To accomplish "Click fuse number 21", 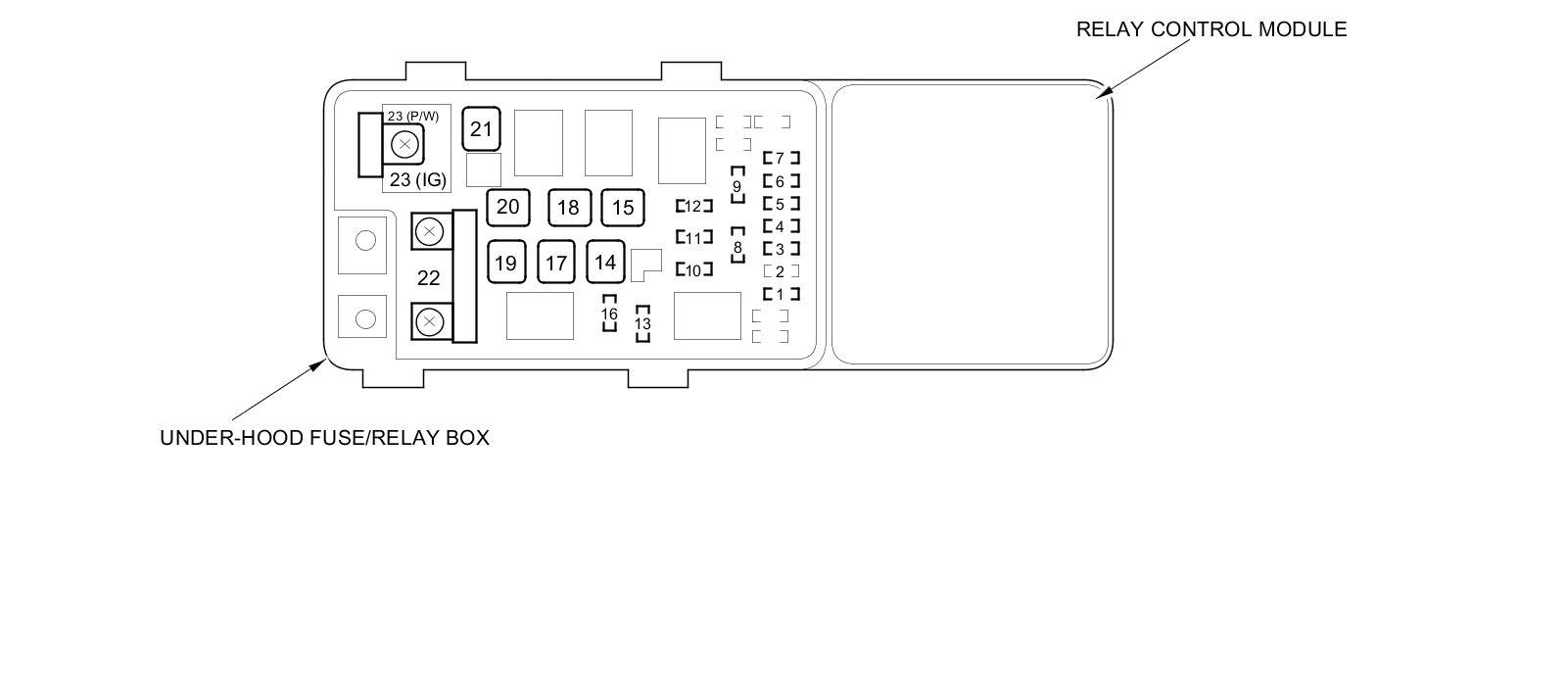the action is pyautogui.click(x=481, y=129).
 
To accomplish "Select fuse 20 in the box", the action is pyautogui.click(x=507, y=207).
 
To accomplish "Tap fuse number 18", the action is pyautogui.click(x=568, y=208).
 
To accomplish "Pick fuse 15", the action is pyautogui.click(x=623, y=208).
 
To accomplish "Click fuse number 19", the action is pyautogui.click(x=505, y=263).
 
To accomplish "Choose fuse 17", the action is pyautogui.click(x=556, y=263).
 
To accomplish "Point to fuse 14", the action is pyautogui.click(x=605, y=262).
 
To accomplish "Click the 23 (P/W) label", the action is pyautogui.click(x=412, y=116).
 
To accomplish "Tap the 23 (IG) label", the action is pyautogui.click(x=417, y=179).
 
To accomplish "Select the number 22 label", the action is pyautogui.click(x=428, y=278).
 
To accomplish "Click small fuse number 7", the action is pyautogui.click(x=781, y=158).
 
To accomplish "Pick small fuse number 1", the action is pyautogui.click(x=781, y=294).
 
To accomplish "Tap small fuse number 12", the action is pyautogui.click(x=693, y=206).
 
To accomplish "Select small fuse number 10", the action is pyautogui.click(x=693, y=269).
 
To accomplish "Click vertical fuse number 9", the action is pyautogui.click(x=737, y=185).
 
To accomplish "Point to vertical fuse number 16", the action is pyautogui.click(x=609, y=314).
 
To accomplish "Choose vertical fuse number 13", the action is pyautogui.click(x=642, y=323).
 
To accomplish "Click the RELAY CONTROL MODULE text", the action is pyautogui.click(x=1211, y=29).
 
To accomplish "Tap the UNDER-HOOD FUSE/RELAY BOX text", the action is pyautogui.click(x=324, y=438).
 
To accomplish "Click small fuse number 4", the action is pyautogui.click(x=781, y=226).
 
